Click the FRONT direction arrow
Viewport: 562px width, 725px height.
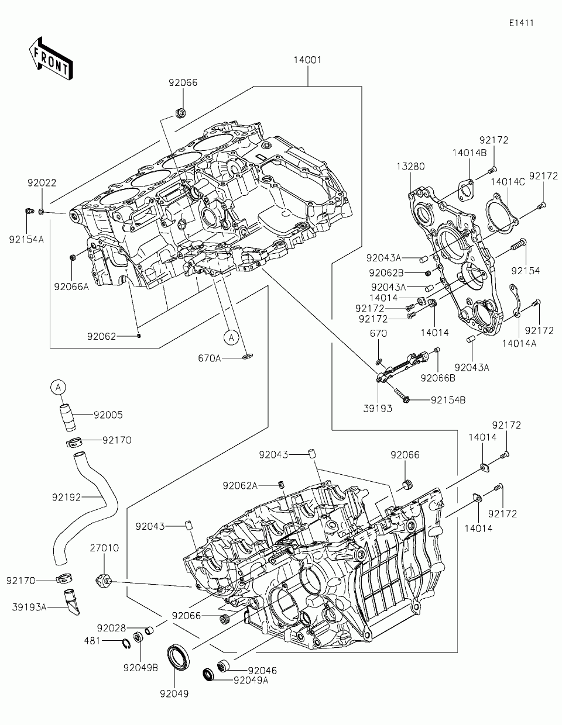point(51,58)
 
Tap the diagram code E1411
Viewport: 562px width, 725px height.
point(521,23)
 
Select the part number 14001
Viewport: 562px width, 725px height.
point(307,60)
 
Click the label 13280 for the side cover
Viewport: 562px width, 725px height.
point(411,166)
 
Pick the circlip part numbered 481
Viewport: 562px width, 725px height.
point(126,644)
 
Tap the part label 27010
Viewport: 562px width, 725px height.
point(104,548)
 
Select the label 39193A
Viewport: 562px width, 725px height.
point(29,607)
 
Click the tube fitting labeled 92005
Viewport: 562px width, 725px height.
point(68,417)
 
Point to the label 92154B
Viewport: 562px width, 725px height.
point(448,400)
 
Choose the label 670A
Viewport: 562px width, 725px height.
point(210,358)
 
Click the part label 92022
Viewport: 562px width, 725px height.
point(42,183)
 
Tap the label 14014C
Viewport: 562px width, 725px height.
point(508,182)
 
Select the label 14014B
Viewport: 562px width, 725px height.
point(470,153)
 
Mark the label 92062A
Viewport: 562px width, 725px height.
point(240,486)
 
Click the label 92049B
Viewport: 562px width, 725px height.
point(140,668)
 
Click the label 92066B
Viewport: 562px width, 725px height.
point(438,378)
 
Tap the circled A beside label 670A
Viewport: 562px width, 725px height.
point(231,337)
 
